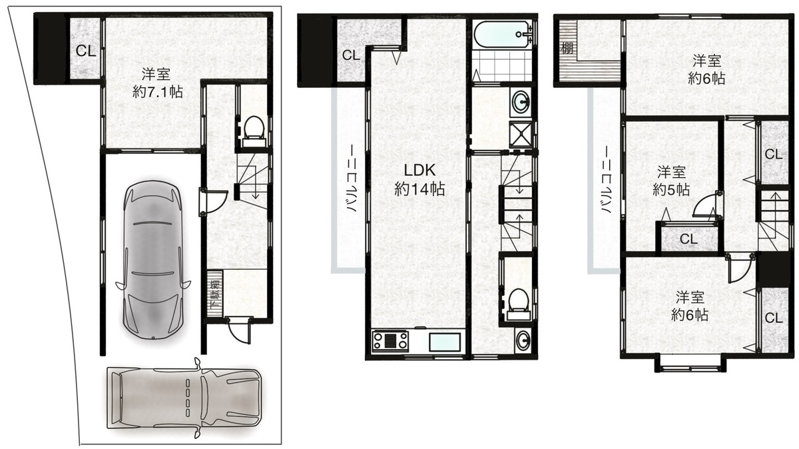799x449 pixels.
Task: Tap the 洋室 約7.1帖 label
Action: point(157,83)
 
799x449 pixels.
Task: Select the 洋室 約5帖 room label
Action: point(671,181)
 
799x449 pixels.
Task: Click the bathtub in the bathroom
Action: point(503,35)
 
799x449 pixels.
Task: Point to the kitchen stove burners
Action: point(391,340)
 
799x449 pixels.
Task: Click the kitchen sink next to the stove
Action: point(445,342)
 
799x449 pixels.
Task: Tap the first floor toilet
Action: point(254,131)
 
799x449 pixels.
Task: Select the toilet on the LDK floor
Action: point(518,304)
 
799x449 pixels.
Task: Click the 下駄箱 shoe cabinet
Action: point(214,293)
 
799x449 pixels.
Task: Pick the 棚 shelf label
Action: point(567,47)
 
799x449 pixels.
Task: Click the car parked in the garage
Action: point(152,258)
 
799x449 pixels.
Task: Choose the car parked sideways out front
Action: point(184,398)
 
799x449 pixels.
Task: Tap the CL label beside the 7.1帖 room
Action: point(86,51)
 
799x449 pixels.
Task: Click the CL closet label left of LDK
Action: point(351,55)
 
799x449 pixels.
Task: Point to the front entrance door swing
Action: point(238,331)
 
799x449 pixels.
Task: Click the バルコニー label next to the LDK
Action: point(352,179)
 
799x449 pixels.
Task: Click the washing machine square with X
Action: point(521,134)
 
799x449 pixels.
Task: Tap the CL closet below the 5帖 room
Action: point(688,238)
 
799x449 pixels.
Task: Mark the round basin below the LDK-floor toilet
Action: point(523,341)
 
